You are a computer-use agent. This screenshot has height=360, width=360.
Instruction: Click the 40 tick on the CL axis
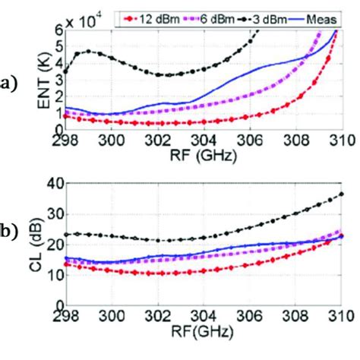[55, 183]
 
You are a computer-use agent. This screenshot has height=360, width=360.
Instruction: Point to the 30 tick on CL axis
[55, 214]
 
